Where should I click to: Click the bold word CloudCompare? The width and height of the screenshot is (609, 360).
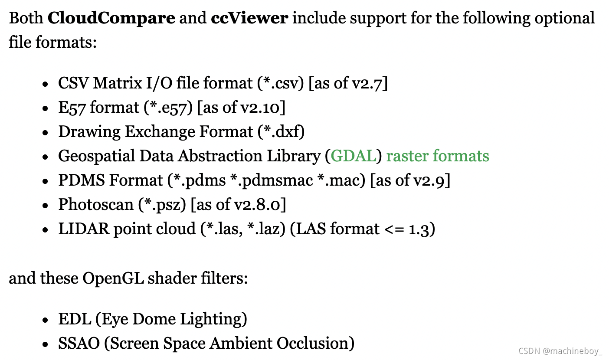[111, 18]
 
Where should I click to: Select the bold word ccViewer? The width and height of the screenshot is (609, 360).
[250, 18]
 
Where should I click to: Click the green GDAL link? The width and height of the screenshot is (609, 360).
[353, 156]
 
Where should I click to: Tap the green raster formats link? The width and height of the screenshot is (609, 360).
[438, 156]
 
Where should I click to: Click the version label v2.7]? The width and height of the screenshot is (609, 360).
[370, 83]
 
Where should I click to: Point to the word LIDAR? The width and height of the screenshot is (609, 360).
[83, 229]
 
